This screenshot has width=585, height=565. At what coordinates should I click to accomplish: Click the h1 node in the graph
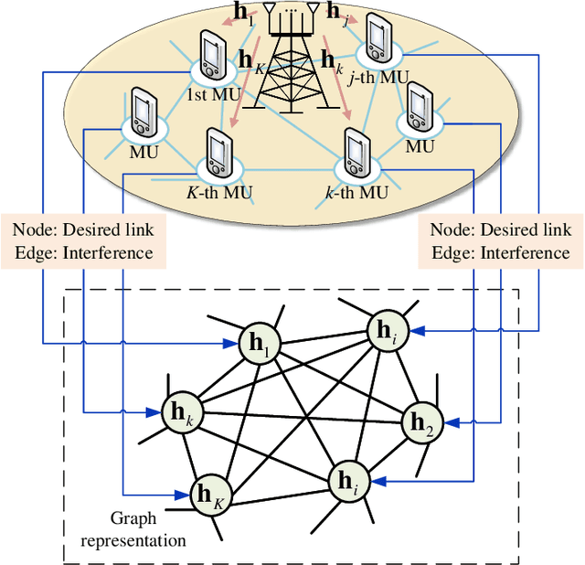[x=262, y=345]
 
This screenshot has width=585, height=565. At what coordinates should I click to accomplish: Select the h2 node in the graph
[x=422, y=421]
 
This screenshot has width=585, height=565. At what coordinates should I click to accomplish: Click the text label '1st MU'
[x=208, y=93]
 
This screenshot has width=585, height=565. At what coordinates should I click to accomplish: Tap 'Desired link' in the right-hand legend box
[x=526, y=229]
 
